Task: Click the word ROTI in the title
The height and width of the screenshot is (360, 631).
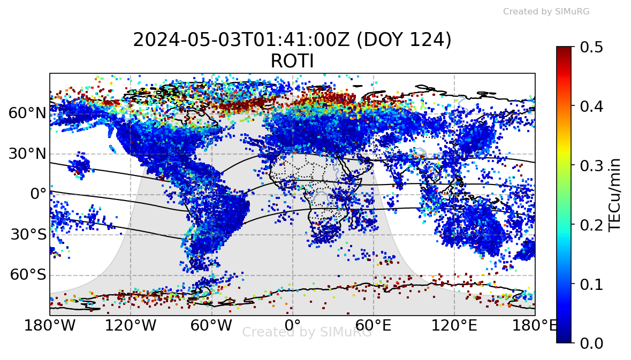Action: pyautogui.click(x=292, y=62)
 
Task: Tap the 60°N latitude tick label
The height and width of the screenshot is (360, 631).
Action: pyautogui.click(x=27, y=113)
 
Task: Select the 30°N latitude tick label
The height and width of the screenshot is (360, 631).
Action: pyautogui.click(x=27, y=154)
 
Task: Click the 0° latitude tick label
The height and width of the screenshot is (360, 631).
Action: pyautogui.click(x=38, y=194)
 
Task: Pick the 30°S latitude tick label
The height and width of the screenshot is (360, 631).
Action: pyautogui.click(x=27, y=235)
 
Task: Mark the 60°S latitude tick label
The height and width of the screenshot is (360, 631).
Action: pyautogui.click(x=27, y=275)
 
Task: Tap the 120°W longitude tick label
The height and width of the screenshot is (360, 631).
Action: pyautogui.click(x=131, y=325)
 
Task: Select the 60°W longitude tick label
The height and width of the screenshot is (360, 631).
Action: pyautogui.click(x=212, y=325)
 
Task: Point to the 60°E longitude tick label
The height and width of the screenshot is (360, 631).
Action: pyautogui.click(x=374, y=325)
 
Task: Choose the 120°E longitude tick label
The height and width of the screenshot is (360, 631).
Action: pyautogui.click(x=454, y=325)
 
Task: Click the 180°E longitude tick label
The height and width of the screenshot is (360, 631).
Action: pyautogui.click(x=535, y=325)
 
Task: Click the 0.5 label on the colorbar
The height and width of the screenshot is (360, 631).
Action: pyautogui.click(x=591, y=47)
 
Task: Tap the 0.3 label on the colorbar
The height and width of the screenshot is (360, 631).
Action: pyautogui.click(x=591, y=165)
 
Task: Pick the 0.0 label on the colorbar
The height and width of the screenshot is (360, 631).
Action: pyautogui.click(x=591, y=343)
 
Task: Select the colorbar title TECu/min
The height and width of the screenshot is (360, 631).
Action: pyautogui.click(x=617, y=194)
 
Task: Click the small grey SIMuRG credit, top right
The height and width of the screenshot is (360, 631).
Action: pyautogui.click(x=546, y=11)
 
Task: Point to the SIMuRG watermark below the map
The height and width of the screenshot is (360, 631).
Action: pyautogui.click(x=307, y=332)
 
